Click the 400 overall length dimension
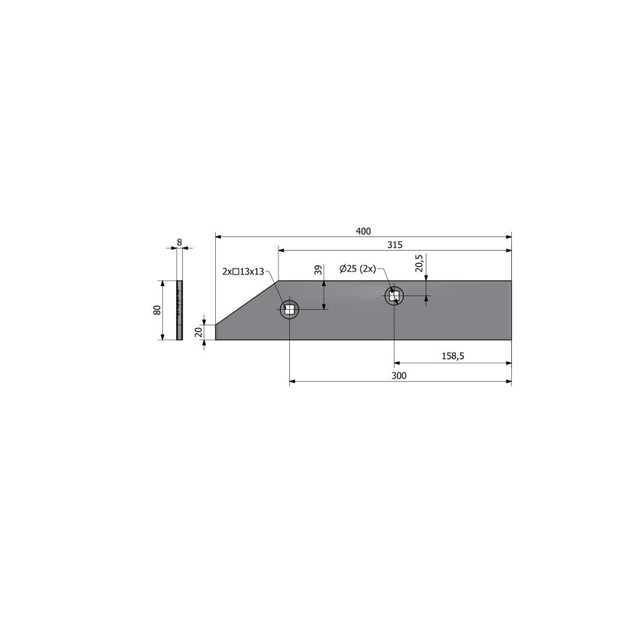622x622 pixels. (x=363, y=231)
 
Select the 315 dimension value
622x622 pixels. (x=395, y=244)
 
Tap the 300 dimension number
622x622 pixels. (x=399, y=375)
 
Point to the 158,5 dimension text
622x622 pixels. (x=453, y=356)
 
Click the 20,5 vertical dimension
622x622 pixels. (x=419, y=263)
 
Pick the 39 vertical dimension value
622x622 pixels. (x=318, y=270)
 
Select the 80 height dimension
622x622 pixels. (x=157, y=310)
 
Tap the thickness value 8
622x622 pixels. (x=179, y=242)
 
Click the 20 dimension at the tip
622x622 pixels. (x=199, y=332)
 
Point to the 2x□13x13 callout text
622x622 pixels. (x=243, y=272)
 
